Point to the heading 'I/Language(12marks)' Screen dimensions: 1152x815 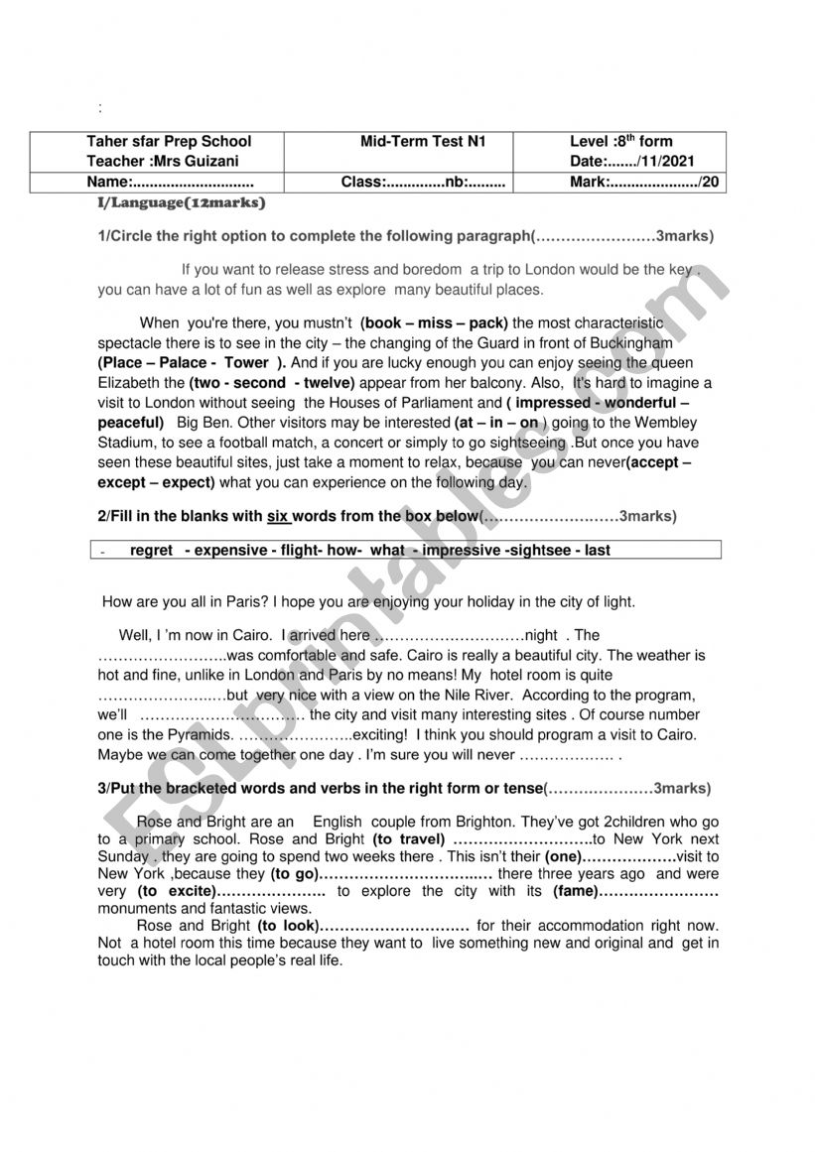182,202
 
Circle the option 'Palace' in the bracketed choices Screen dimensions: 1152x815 184,362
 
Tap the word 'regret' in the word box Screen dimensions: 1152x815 151,550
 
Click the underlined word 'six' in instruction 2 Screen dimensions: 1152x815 277,516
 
